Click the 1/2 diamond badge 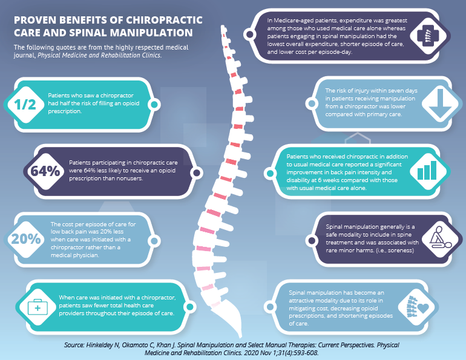[25, 105]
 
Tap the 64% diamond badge [44, 171]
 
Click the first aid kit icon [38, 307]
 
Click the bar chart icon [427, 170]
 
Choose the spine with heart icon [418, 307]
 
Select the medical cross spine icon [428, 36]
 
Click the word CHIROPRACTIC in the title [164, 20]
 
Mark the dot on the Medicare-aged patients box [249, 34]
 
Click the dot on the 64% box [197, 173]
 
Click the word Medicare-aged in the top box [294, 21]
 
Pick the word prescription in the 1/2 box [64, 111]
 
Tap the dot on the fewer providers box [190, 307]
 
